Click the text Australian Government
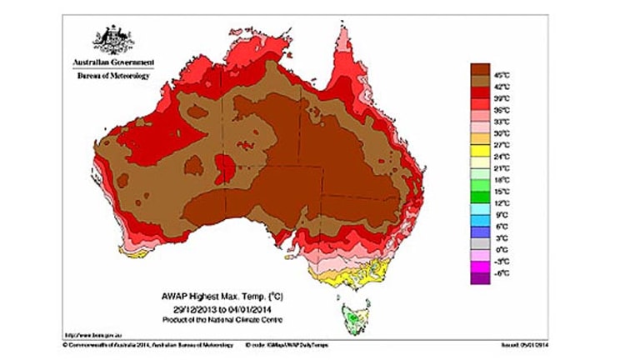[112, 63]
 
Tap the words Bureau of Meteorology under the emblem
[112, 76]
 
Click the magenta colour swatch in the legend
[481, 267]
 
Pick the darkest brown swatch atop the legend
[481, 67]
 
